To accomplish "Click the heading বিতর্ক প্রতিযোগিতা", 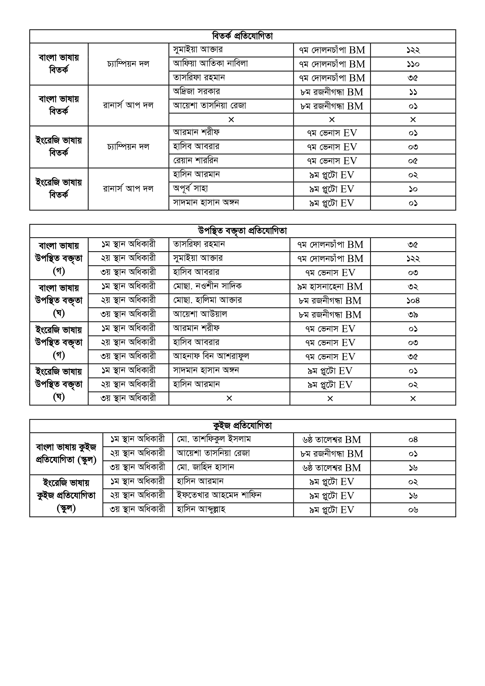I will click(242, 36).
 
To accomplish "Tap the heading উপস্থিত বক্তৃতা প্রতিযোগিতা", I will click(242, 231).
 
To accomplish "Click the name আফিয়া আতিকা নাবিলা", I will click(210, 64).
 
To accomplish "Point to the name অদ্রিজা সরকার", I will click(196, 92).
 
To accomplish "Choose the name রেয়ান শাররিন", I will click(195, 161).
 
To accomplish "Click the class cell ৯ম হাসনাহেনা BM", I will click(330, 287).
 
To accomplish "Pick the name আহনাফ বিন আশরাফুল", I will click(211, 356).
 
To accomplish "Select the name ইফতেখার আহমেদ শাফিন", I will click(219, 496).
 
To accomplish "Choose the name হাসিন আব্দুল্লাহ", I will click(201, 510).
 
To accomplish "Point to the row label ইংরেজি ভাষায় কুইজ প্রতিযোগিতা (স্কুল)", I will click(66, 496).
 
